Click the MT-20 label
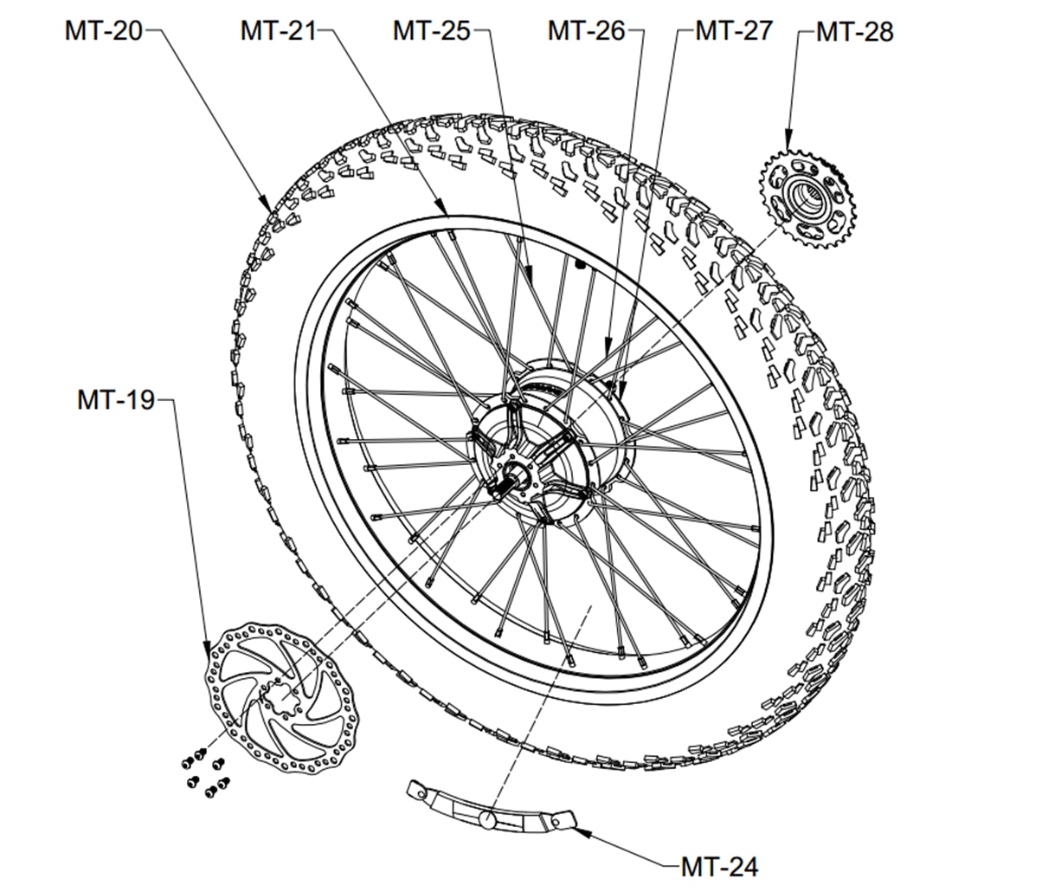(103, 30)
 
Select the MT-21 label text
(279, 30)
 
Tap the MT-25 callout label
(431, 30)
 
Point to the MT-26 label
(586, 30)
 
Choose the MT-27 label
(734, 30)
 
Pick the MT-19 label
(115, 400)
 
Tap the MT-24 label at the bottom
(719, 865)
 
